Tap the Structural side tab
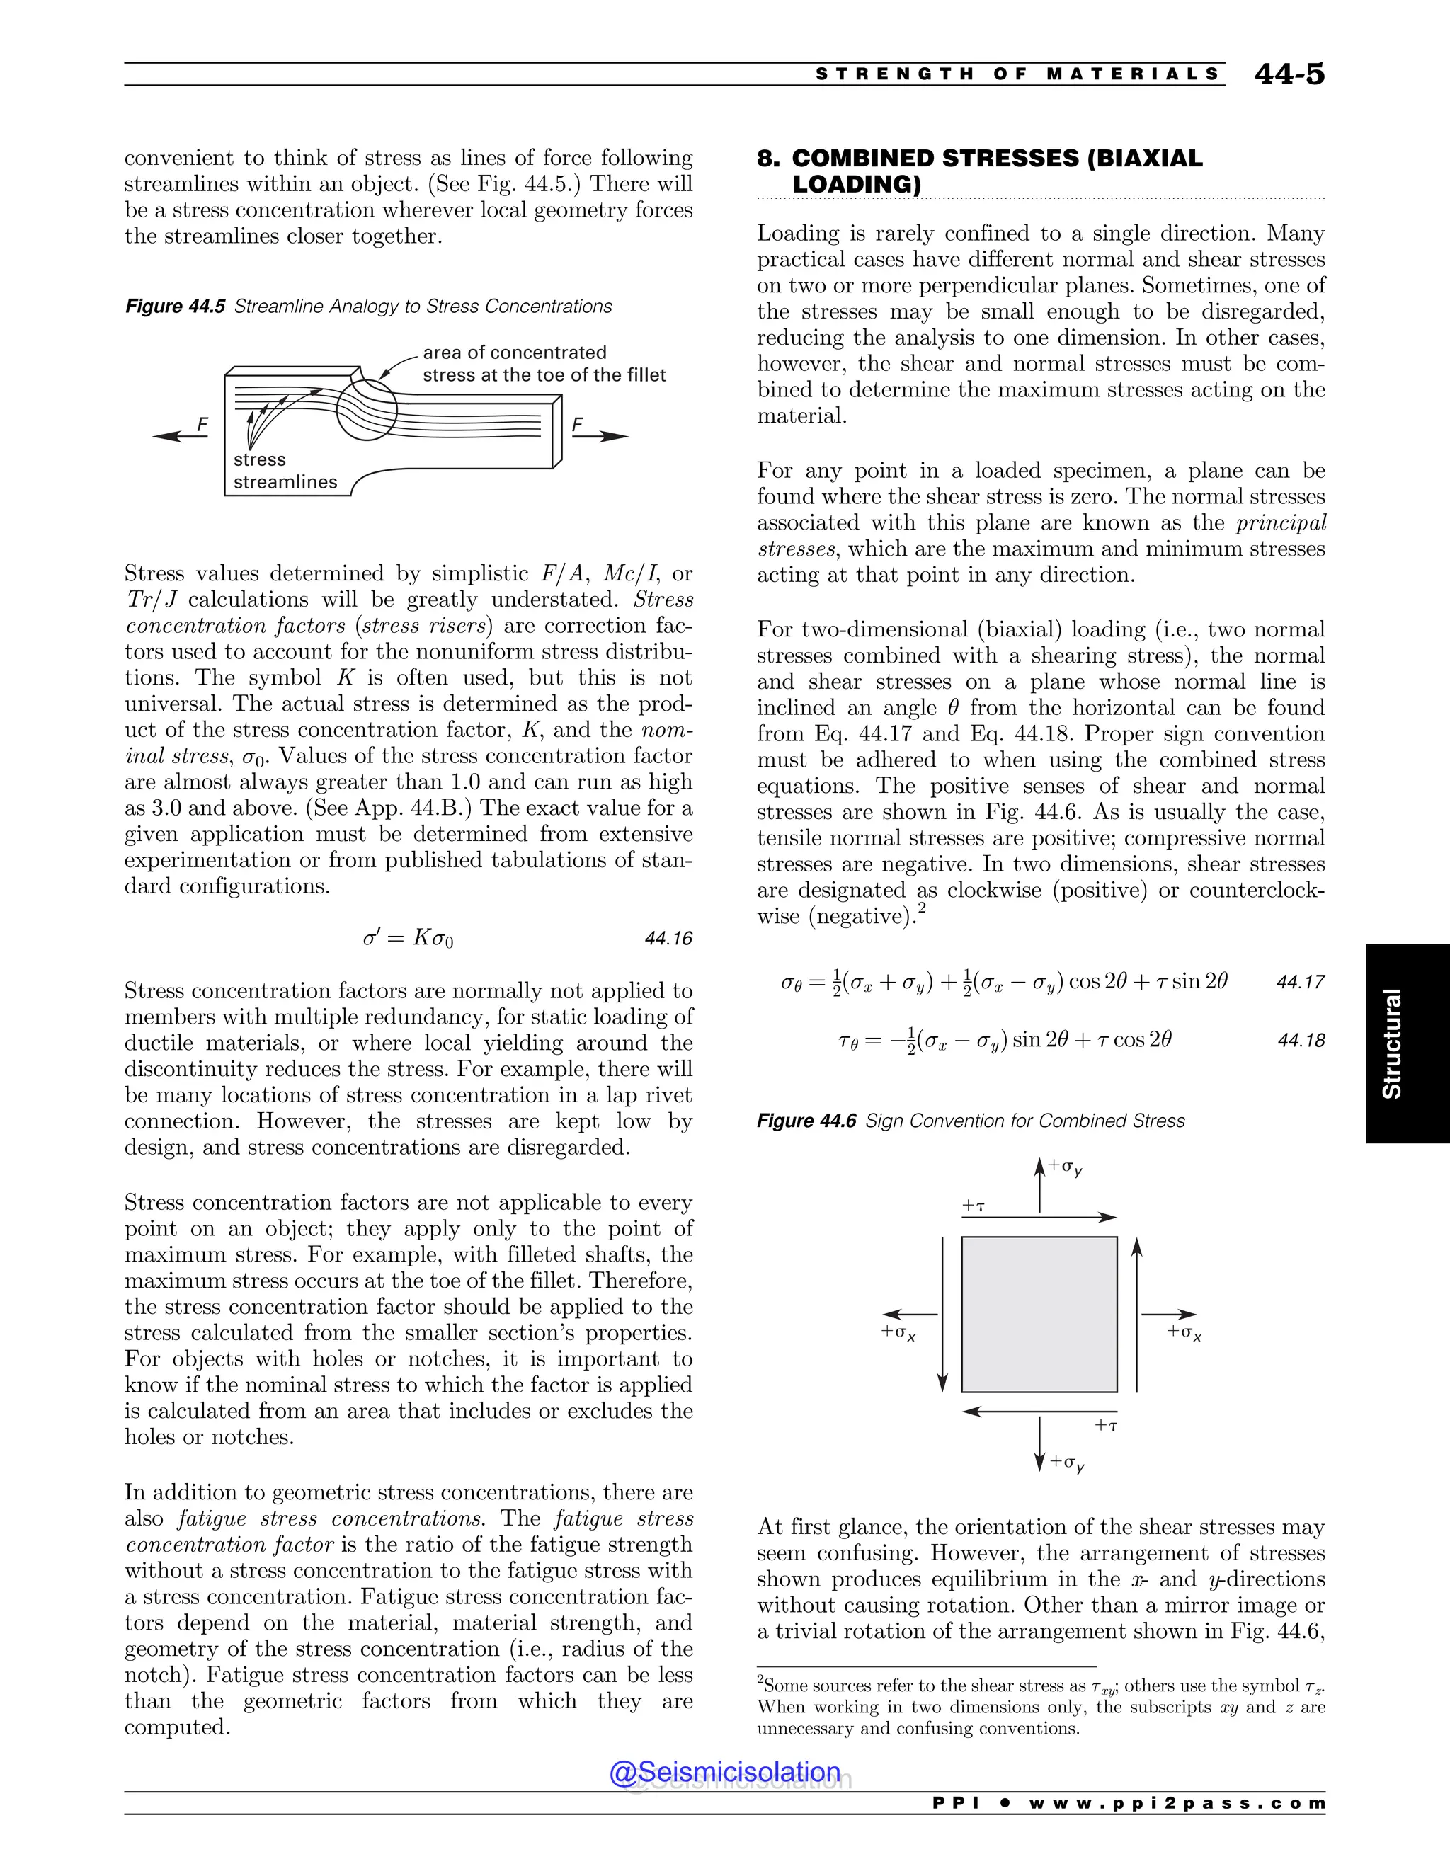(x=1391, y=1043)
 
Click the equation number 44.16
(x=668, y=938)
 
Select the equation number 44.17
(x=1301, y=982)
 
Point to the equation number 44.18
(x=1301, y=1040)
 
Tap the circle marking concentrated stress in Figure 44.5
(x=367, y=410)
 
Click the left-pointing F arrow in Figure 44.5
(x=181, y=436)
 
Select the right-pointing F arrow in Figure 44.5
(x=600, y=436)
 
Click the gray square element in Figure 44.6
(x=1039, y=1314)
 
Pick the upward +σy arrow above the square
(x=1039, y=1185)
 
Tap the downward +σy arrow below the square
(x=1039, y=1443)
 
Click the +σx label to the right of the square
(x=1184, y=1332)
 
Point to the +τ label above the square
(x=974, y=1206)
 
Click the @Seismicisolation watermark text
(x=725, y=1772)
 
